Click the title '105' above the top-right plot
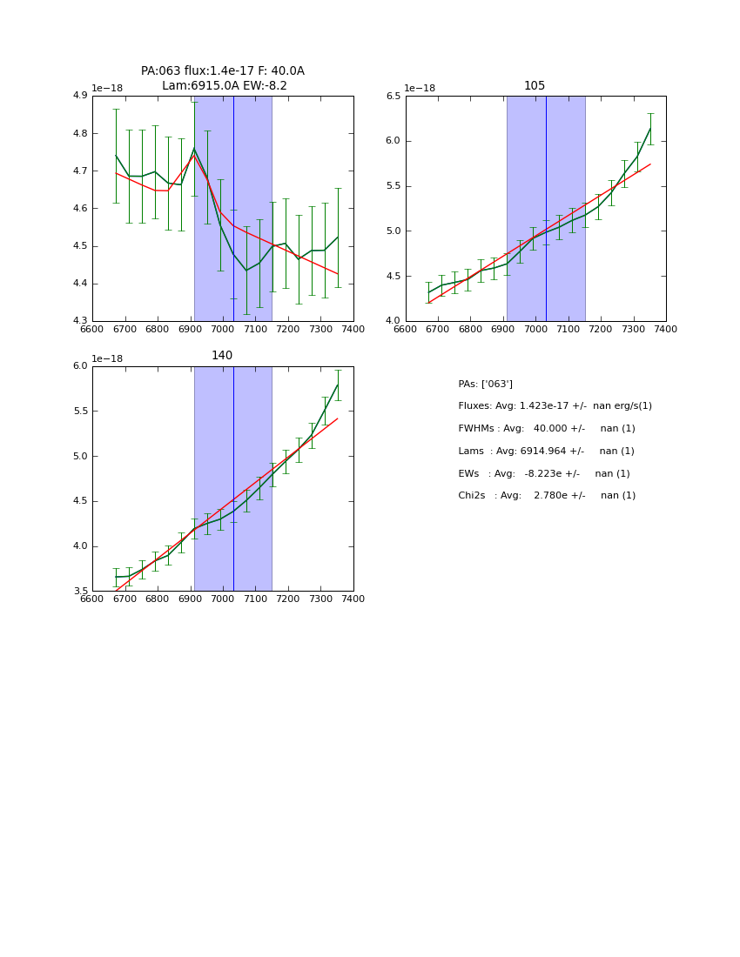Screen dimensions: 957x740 [535, 86]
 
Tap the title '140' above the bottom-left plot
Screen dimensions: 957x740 [222, 356]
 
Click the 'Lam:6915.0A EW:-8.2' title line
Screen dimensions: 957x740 [224, 86]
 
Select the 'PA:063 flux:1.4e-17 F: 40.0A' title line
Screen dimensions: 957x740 [223, 71]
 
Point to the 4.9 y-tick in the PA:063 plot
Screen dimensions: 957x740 [79, 96]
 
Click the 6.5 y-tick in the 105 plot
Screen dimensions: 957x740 [393, 96]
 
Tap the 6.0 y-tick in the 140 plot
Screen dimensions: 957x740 [79, 366]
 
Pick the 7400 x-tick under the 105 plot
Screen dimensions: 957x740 [666, 329]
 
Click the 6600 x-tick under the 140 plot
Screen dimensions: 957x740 [92, 599]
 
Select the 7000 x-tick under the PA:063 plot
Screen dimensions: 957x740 [223, 329]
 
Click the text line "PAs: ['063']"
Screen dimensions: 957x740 [485, 384]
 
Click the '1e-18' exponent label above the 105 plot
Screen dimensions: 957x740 [419, 88]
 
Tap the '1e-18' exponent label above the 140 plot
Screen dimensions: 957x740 [107, 358]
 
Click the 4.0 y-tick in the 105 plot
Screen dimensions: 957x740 [393, 321]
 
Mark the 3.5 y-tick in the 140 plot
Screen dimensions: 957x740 [79, 592]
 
